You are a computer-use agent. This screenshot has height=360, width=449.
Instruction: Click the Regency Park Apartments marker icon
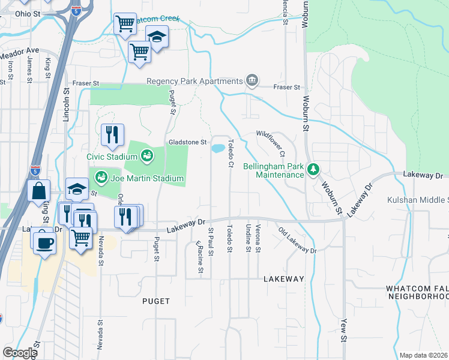[x=252, y=81]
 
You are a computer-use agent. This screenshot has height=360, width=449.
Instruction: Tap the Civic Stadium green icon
[x=146, y=157]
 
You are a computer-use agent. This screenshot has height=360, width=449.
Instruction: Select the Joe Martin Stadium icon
[x=101, y=178]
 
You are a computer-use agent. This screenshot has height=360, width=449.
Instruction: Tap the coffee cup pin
[x=44, y=242]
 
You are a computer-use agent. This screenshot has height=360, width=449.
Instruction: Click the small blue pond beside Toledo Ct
[x=218, y=148]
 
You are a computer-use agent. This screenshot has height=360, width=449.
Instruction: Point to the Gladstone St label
[x=187, y=142]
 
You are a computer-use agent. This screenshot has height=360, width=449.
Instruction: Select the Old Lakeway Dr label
[x=297, y=240]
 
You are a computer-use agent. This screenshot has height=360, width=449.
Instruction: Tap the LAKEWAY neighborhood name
[x=284, y=279]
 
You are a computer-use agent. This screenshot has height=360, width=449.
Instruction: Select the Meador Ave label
[x=19, y=54]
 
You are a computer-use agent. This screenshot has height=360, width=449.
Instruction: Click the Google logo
[x=20, y=353]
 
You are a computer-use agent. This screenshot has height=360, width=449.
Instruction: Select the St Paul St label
[x=210, y=242]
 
